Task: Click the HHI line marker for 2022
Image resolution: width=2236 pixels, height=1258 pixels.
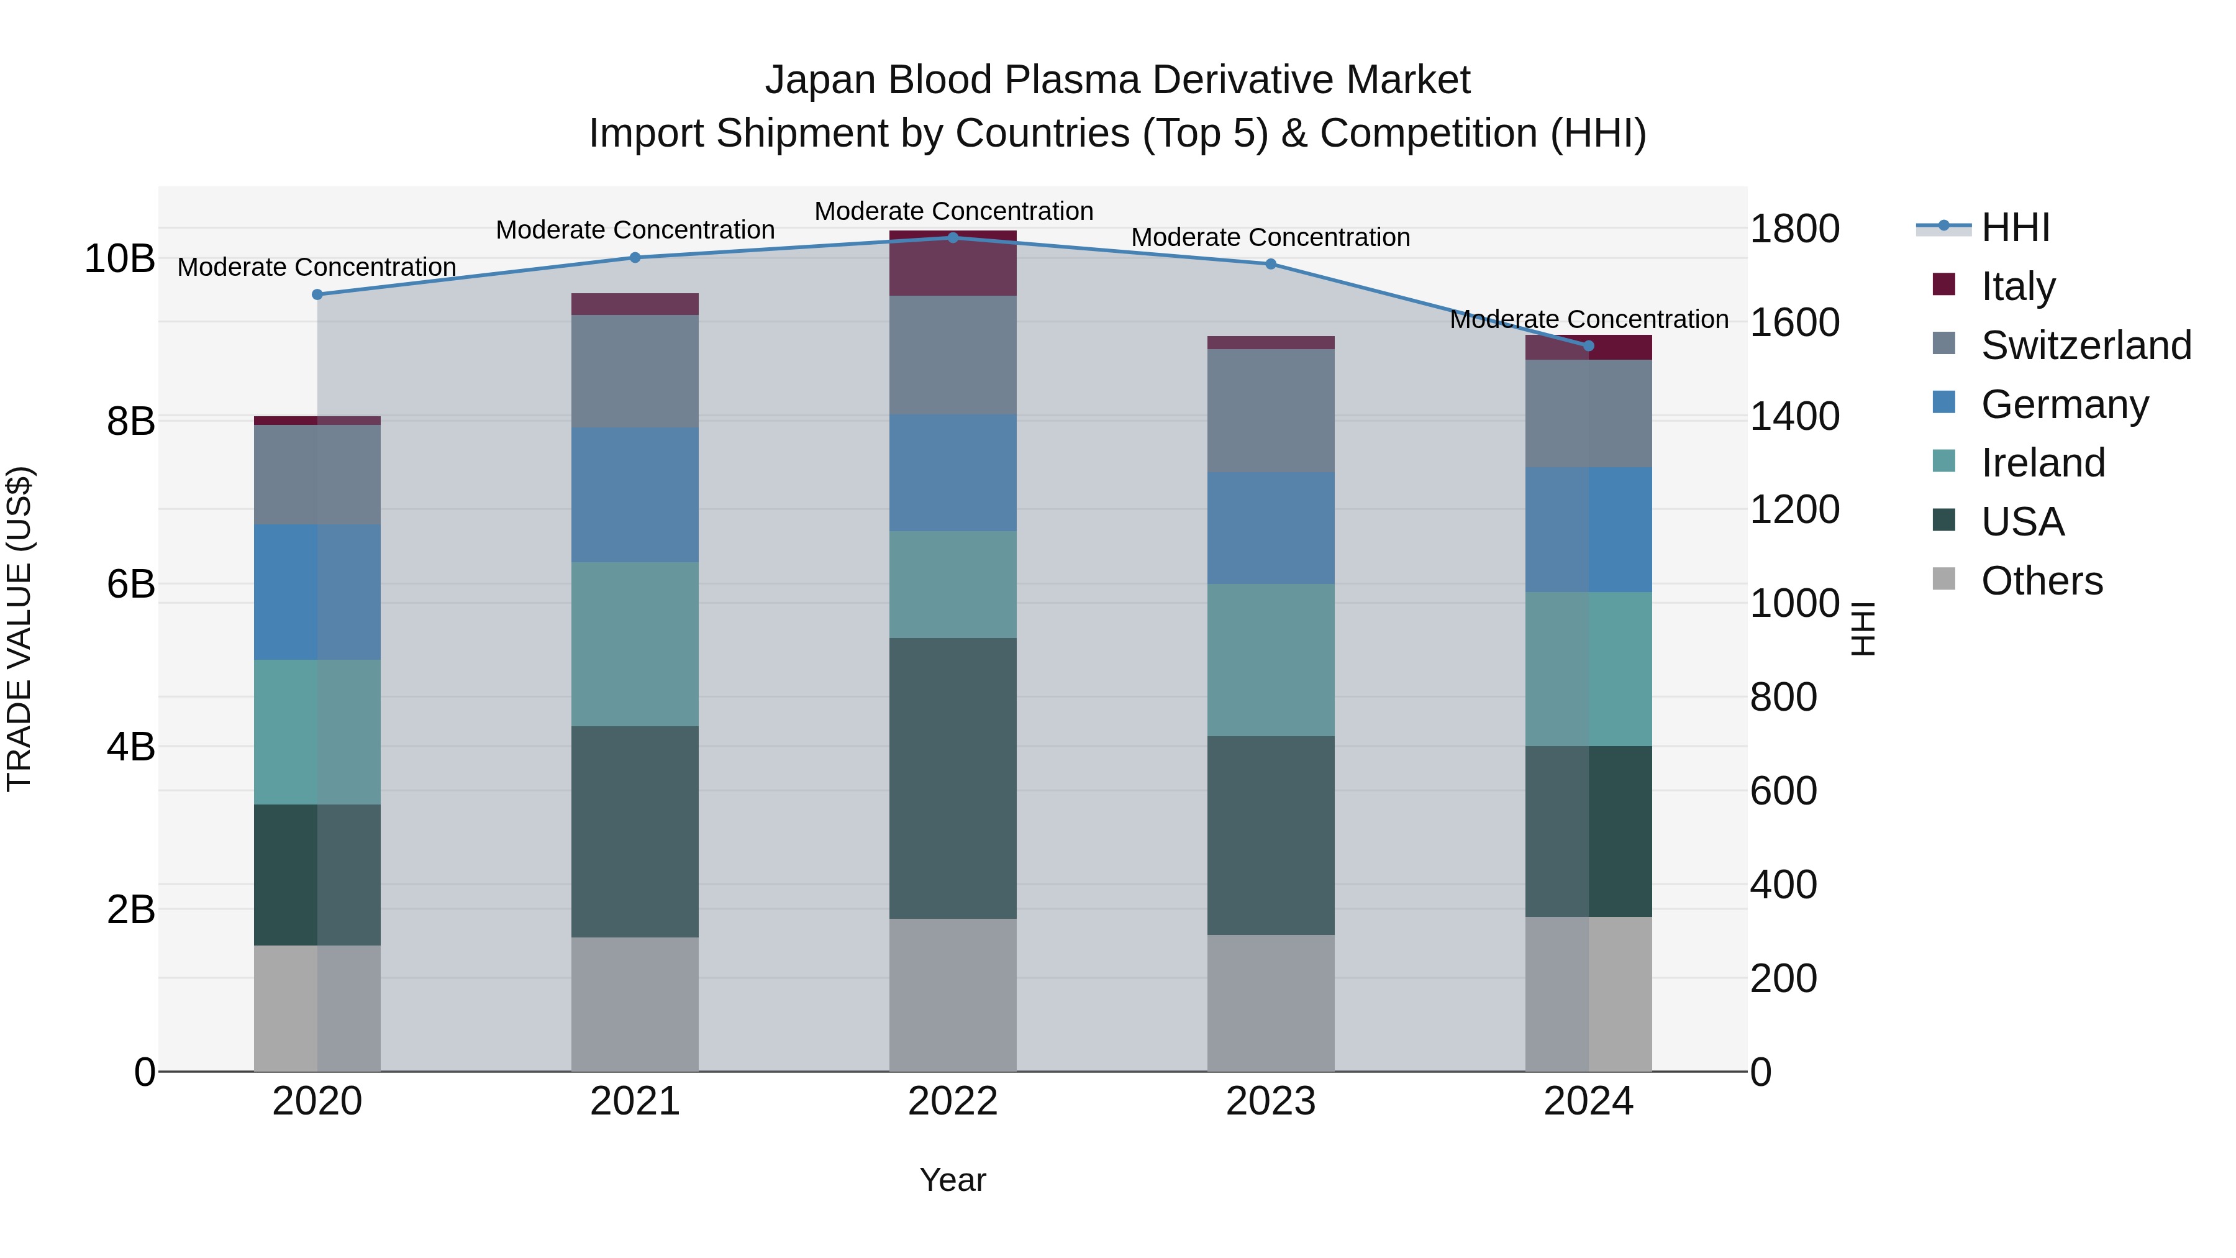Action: coord(952,237)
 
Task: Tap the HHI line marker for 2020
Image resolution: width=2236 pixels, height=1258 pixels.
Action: coord(317,294)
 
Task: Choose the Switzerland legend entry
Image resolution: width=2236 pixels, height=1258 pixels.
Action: coord(2086,345)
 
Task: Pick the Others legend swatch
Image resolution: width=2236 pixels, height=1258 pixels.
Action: coord(1944,579)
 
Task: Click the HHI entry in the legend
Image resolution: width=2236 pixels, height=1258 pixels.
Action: coord(2015,227)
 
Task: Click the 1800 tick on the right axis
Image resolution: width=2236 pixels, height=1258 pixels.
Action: coord(1793,229)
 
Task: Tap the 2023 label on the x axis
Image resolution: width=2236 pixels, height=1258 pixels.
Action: coord(1270,1101)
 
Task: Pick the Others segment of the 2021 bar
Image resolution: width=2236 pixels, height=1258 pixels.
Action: coord(635,1004)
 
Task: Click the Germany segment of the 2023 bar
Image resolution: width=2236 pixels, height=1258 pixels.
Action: coord(1270,528)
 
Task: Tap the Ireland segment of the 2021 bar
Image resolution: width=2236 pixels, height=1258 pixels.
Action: coord(635,644)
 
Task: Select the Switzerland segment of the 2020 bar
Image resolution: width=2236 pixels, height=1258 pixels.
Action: coord(317,474)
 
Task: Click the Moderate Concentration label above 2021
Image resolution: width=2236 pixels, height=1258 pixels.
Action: coord(635,230)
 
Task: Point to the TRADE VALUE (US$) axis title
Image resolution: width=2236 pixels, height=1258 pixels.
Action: coord(19,629)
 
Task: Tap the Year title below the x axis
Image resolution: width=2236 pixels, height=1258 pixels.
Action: coord(952,1180)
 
